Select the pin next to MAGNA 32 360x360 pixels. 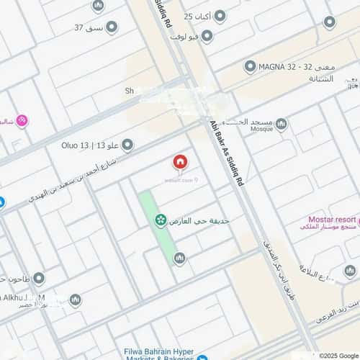coord(250,67)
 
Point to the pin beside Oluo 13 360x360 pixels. coord(127,145)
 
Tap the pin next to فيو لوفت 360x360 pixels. coord(207,36)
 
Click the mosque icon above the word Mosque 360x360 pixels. coord(281,125)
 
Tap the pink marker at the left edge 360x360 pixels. coord(22,121)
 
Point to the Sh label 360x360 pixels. coord(130,91)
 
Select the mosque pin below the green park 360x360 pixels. coord(179,258)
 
